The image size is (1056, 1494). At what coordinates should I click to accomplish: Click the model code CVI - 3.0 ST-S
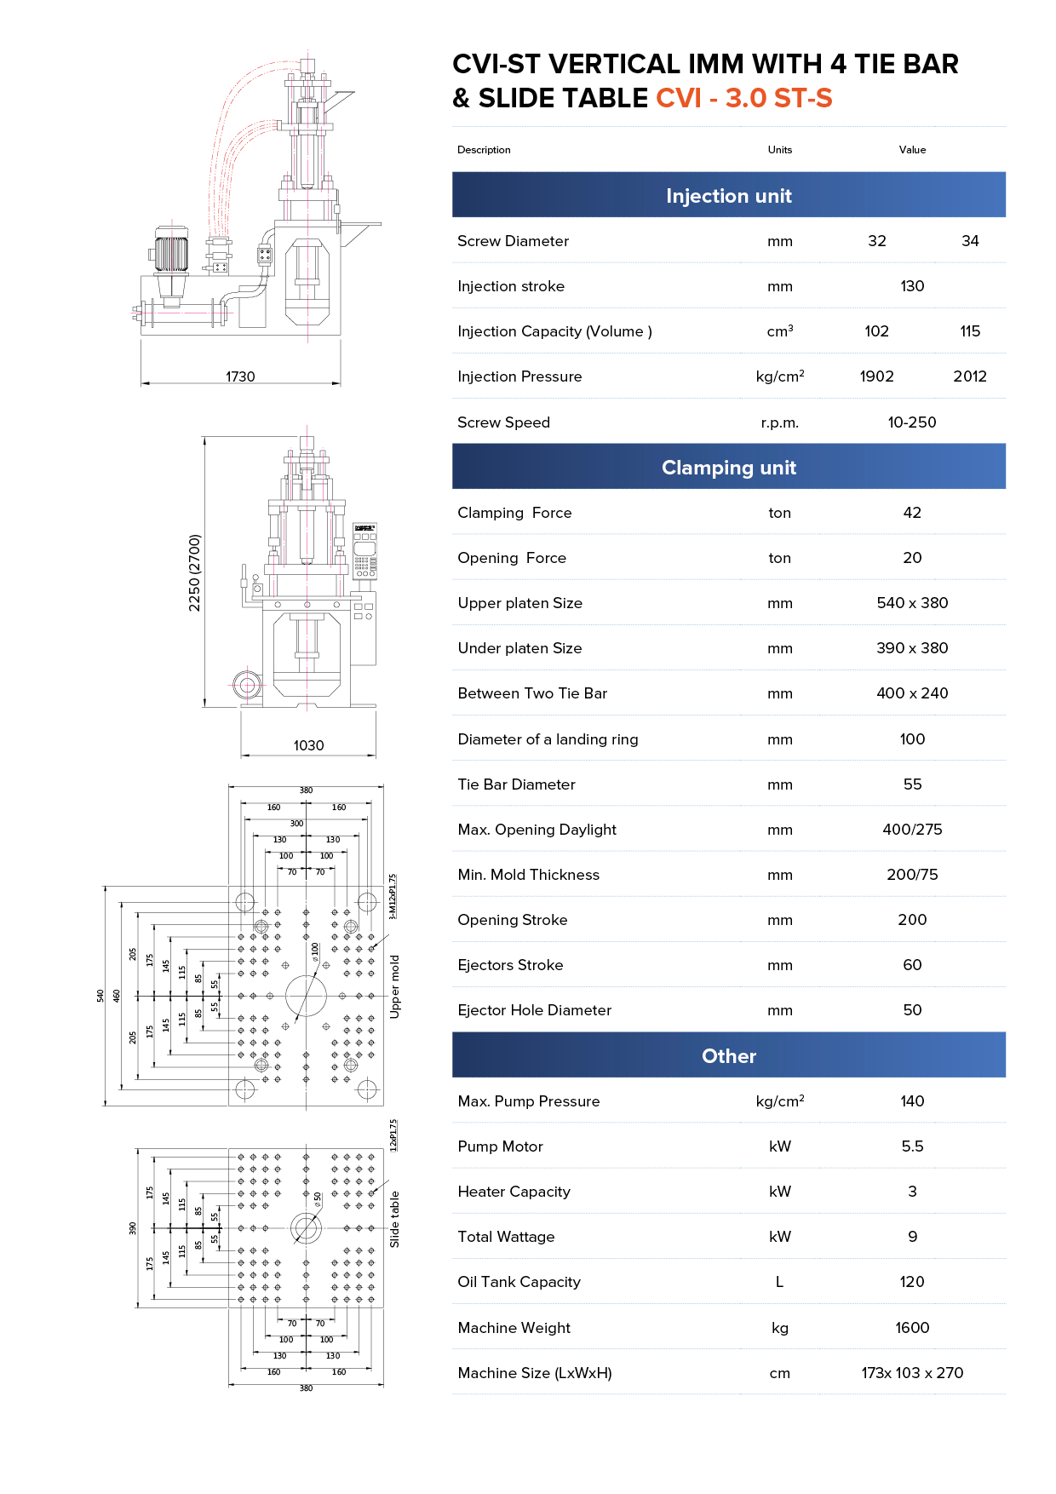tap(743, 99)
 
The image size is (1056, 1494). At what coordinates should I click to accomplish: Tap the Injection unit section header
tap(728, 196)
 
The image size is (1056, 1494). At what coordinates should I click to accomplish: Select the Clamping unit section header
tap(728, 468)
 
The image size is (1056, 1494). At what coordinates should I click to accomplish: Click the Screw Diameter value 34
tap(970, 241)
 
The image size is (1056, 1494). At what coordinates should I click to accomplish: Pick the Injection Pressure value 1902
tap(876, 376)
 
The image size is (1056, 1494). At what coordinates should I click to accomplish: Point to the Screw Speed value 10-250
tap(911, 422)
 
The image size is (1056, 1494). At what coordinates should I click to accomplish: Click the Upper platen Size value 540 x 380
tap(912, 603)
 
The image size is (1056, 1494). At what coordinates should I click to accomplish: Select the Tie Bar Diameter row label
tap(516, 784)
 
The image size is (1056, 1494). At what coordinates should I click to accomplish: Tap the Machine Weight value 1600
tap(912, 1328)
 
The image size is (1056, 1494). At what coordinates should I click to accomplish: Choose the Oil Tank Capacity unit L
tap(779, 1282)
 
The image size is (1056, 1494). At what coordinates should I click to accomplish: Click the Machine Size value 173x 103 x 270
tap(912, 1373)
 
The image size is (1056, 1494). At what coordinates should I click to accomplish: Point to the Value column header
tap(912, 150)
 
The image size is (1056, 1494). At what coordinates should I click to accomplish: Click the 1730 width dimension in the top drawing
tap(240, 376)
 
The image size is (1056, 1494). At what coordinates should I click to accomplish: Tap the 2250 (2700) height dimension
tap(195, 572)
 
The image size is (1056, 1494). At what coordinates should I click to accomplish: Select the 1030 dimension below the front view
tap(308, 745)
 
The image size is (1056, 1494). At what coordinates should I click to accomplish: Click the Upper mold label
tap(394, 986)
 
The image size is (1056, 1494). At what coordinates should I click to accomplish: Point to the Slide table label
tap(394, 1219)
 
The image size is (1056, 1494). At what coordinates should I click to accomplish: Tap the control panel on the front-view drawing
tap(364, 552)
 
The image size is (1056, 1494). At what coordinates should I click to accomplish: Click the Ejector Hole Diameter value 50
tap(912, 1010)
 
